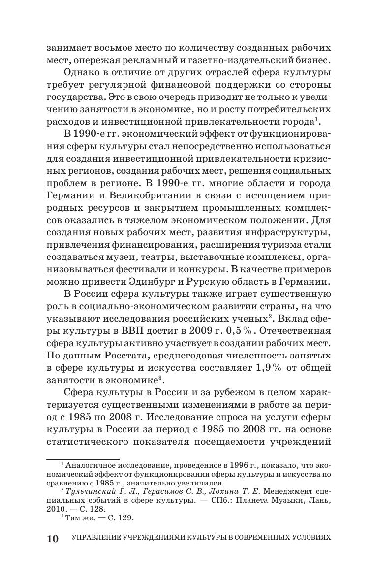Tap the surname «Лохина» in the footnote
point(212,491)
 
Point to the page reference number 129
point(126,518)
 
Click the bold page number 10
point(53,538)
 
